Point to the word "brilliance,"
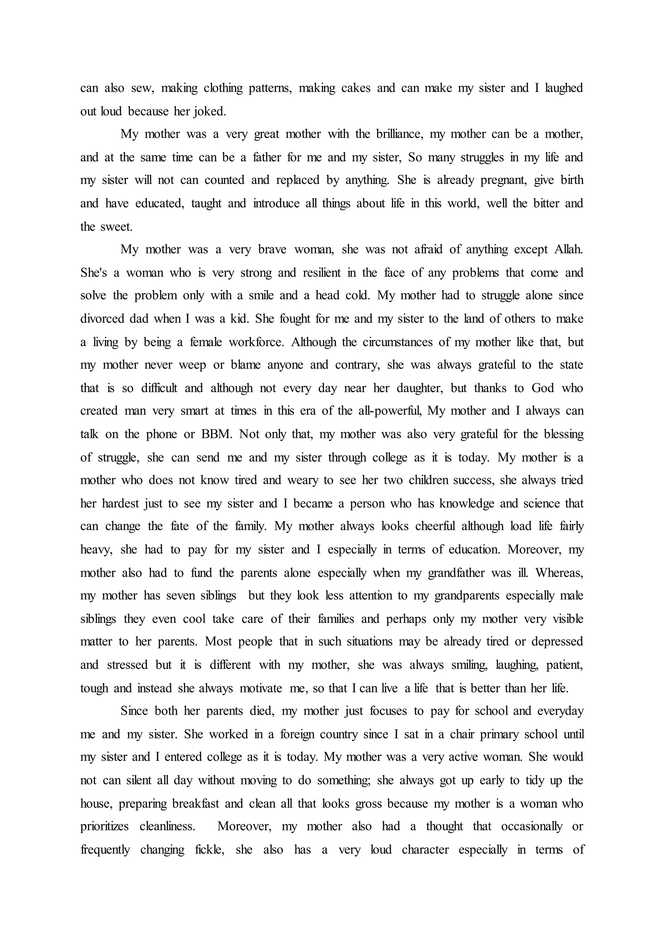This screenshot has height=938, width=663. point(399,134)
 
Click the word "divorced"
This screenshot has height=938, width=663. point(102,319)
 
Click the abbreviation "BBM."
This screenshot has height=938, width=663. point(217,434)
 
